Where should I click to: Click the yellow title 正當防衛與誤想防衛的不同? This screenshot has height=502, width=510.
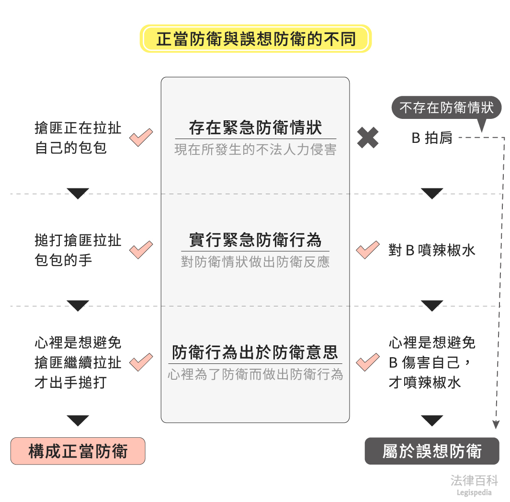255,39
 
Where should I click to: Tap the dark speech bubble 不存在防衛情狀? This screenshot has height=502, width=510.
446,108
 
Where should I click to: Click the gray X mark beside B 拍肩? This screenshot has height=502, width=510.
368,138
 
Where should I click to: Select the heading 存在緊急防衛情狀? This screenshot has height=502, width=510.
255,128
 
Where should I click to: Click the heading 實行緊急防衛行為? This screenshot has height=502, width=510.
255,240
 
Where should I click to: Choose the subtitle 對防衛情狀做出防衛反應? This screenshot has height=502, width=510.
255,262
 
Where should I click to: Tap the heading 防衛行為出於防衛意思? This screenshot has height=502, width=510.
255,352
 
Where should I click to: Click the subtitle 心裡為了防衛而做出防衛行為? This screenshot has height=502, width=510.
255,374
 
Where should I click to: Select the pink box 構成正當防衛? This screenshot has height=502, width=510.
78,451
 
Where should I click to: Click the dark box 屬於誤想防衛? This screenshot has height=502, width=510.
432,451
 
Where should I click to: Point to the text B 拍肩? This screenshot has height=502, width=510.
432,138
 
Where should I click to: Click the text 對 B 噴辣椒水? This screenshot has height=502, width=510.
432,250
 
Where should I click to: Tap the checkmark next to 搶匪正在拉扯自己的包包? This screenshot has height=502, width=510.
141,138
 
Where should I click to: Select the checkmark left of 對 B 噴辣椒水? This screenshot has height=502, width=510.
368,250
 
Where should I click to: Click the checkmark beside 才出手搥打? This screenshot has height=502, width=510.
141,362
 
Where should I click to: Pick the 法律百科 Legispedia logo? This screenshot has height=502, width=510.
474,484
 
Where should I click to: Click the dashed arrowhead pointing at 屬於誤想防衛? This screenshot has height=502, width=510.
496,424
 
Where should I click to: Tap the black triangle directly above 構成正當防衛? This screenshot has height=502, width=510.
78,420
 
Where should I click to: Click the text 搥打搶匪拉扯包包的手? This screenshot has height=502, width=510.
78,250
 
